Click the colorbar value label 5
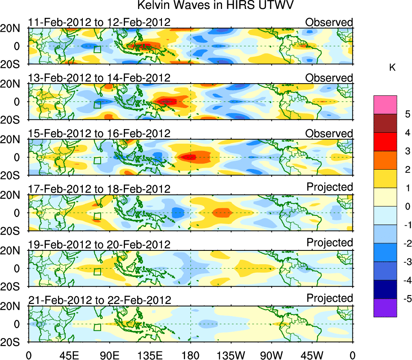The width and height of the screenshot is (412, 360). [406, 114]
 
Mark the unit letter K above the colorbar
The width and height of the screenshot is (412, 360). [392, 68]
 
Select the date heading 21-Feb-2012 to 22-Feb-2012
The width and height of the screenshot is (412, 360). [99, 300]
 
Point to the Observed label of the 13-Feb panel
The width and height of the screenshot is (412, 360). [329, 78]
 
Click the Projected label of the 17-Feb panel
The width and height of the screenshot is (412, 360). [330, 187]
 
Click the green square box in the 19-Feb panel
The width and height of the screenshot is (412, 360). [97, 272]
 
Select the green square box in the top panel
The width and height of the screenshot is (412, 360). [97, 50]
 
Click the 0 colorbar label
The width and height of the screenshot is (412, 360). [406, 206]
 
